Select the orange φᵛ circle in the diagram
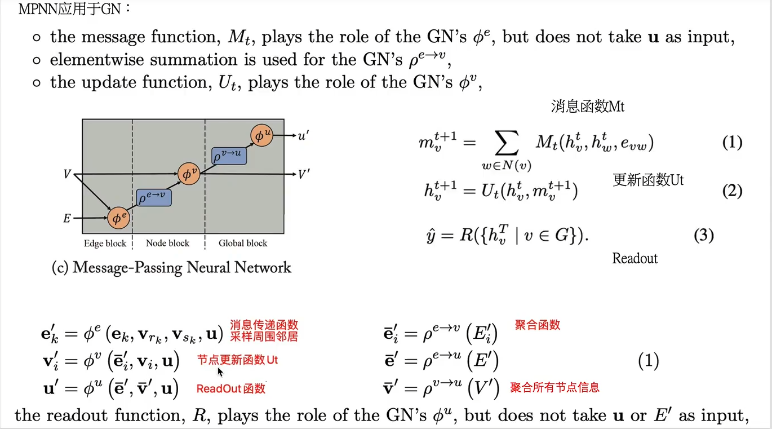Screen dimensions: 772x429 click(188, 175)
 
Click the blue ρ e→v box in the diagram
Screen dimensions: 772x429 click(153, 197)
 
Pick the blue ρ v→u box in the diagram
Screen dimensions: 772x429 click(229, 156)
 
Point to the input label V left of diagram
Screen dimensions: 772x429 click(68, 174)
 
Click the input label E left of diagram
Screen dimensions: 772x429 click(67, 218)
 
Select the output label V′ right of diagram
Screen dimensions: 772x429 click(304, 174)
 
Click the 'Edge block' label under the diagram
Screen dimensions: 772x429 click(105, 243)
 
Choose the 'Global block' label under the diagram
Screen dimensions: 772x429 click(243, 243)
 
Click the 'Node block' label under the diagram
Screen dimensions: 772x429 click(167, 243)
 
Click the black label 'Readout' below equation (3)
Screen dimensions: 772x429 click(635, 259)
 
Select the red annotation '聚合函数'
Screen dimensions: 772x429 click(538, 325)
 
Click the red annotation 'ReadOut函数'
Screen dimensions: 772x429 click(231, 388)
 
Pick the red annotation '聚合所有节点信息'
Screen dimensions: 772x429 click(554, 387)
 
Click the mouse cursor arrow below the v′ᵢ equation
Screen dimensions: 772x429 click(220, 371)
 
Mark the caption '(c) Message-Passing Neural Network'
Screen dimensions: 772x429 click(171, 267)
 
